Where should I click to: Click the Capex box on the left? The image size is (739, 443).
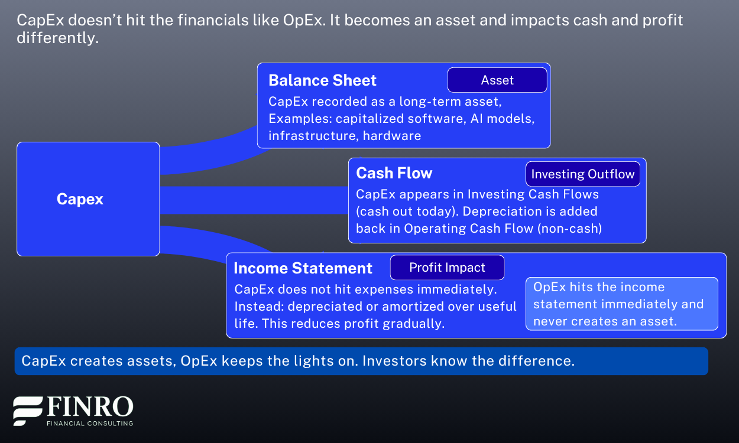tap(88, 199)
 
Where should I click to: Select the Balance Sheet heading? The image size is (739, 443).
tap(322, 80)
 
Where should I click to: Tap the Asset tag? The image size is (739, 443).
tap(497, 80)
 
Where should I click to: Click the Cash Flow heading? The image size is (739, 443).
tap(394, 173)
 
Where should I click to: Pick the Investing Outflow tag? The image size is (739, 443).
tap(582, 174)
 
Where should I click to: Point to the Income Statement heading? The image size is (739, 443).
tap(303, 268)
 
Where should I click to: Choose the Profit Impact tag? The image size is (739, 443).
tap(447, 268)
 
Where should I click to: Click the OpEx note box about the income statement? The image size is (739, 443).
tap(621, 304)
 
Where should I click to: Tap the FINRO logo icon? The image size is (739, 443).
tap(28, 411)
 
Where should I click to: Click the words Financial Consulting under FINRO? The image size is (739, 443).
tap(90, 423)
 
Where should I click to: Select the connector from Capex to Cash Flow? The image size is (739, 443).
tap(254, 200)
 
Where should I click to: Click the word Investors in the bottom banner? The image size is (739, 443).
tap(390, 361)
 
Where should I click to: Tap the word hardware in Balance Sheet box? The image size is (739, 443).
tap(392, 136)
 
